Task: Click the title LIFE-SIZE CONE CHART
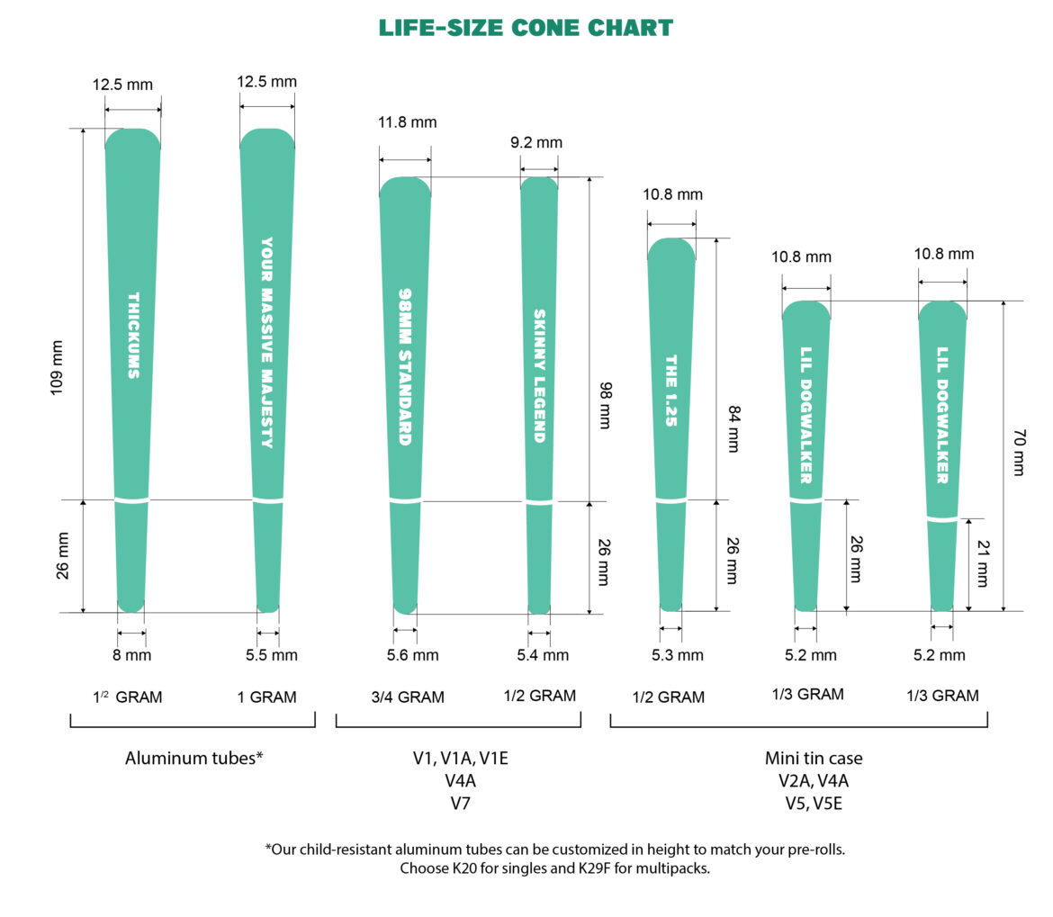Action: (526, 28)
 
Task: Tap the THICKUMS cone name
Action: (133, 335)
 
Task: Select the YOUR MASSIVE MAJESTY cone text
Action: (266, 342)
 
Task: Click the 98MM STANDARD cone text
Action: (405, 366)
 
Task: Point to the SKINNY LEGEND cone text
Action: (539, 375)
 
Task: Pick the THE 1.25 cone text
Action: (670, 389)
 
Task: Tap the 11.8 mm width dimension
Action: (405, 122)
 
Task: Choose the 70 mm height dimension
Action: (1018, 453)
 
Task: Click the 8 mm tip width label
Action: (131, 655)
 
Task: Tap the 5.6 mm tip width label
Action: (412, 655)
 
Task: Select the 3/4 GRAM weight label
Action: (408, 697)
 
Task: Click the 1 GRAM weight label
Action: (266, 697)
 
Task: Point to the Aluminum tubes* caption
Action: (193, 758)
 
